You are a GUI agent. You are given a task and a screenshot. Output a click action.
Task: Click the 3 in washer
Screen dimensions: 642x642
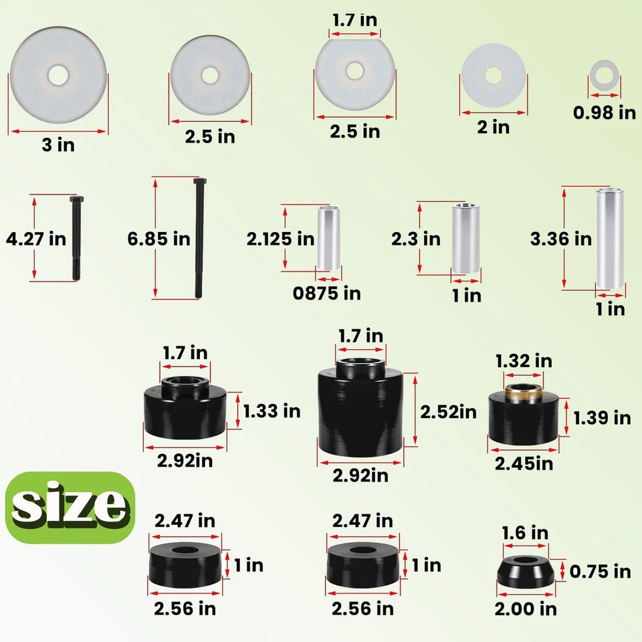[x=58, y=75]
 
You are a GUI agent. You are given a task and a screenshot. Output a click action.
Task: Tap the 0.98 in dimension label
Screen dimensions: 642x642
[x=605, y=112]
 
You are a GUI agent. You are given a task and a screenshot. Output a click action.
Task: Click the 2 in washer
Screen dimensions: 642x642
[x=494, y=75]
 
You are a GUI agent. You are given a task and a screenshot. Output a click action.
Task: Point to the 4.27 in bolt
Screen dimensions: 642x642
[x=74, y=237]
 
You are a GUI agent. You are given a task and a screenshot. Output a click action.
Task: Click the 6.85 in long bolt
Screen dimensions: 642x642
[x=199, y=237]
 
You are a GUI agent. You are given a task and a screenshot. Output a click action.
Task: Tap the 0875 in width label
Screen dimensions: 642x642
[x=328, y=293]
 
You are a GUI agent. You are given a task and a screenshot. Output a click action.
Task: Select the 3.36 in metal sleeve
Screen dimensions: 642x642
[x=610, y=239]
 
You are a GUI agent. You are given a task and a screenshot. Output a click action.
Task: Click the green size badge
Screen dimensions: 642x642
[x=70, y=507]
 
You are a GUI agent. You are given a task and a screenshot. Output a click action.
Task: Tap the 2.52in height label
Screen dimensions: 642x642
[x=448, y=412]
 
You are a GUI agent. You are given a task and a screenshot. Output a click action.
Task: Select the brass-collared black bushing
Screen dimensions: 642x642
[x=523, y=416]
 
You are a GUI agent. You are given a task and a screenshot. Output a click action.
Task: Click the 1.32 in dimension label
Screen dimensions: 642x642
[x=524, y=361]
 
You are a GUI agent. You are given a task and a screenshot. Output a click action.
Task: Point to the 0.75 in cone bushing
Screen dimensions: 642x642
[x=526, y=572]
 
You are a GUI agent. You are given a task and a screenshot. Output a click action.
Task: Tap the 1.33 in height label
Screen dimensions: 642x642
[x=272, y=411]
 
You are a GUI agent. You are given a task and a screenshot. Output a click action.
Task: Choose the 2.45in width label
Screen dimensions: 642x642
[x=524, y=463]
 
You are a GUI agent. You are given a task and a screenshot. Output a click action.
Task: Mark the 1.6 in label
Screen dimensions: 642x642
[x=525, y=533]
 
